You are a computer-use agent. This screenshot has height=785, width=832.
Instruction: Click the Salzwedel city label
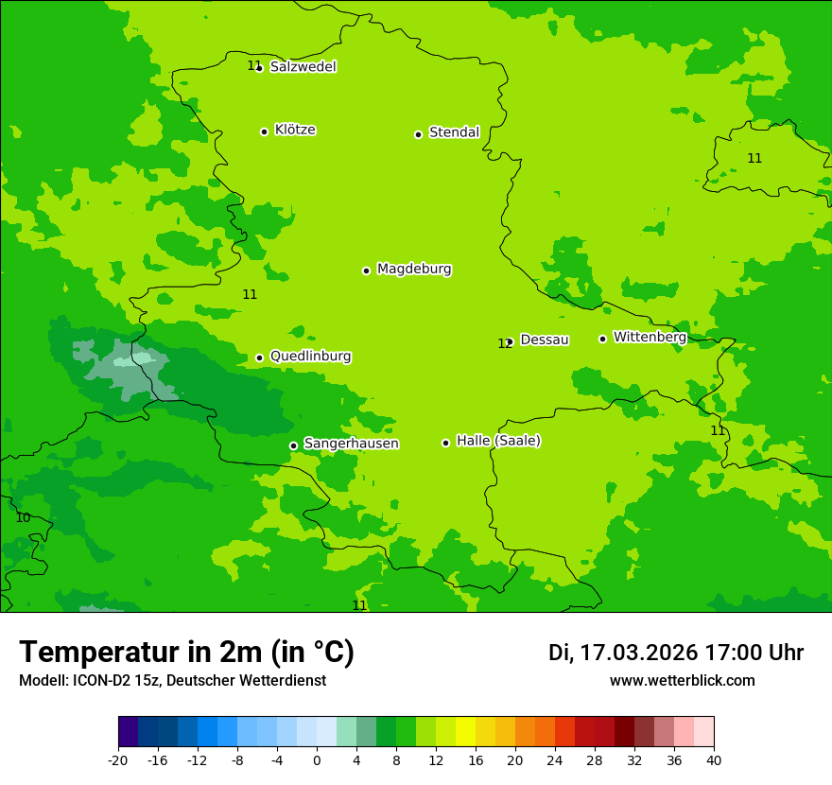pos(303,67)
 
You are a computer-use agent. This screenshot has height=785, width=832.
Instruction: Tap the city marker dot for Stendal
pos(418,134)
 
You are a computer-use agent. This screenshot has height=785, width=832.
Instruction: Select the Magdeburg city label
pos(414,270)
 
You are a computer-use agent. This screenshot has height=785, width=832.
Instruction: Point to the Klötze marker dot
pos(264,131)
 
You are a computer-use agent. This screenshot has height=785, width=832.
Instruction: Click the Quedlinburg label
pos(310,357)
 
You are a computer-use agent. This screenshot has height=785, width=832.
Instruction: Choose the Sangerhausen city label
pos(351,444)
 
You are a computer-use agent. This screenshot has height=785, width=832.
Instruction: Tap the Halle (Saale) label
pos(498,441)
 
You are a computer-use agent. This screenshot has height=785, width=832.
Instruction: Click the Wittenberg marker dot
pos(602,339)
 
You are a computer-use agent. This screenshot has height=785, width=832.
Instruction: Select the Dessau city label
pos(545,340)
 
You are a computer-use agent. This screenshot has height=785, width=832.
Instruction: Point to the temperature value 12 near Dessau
pos(504,343)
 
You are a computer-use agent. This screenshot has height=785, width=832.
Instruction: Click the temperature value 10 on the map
pos(23,517)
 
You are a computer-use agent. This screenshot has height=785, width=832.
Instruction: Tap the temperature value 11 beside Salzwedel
pos(253,65)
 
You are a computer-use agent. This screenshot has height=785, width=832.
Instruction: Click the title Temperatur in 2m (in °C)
pos(186,652)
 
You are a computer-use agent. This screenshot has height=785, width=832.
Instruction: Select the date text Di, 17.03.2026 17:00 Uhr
pos(676,653)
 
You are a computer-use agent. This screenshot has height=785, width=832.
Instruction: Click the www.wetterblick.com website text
pos(682,681)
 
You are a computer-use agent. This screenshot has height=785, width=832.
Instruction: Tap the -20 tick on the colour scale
pos(118,759)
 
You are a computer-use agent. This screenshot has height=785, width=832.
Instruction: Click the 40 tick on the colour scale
pos(714,759)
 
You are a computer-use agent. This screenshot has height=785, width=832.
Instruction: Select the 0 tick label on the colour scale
pos(317,759)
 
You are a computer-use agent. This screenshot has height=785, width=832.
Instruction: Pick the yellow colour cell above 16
pos(476,732)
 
